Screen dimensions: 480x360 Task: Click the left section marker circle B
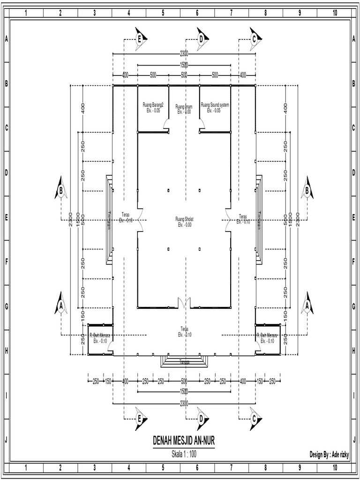click(x=61, y=190)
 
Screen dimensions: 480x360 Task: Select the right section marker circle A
click(x=307, y=306)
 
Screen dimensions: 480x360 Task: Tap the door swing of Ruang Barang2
click(x=166, y=124)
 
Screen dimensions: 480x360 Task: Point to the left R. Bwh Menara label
click(x=100, y=336)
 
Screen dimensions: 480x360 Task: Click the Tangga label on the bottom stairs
click(x=184, y=362)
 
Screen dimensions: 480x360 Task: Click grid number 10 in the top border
click(x=334, y=13)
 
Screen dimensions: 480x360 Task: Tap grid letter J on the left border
click(x=6, y=440)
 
